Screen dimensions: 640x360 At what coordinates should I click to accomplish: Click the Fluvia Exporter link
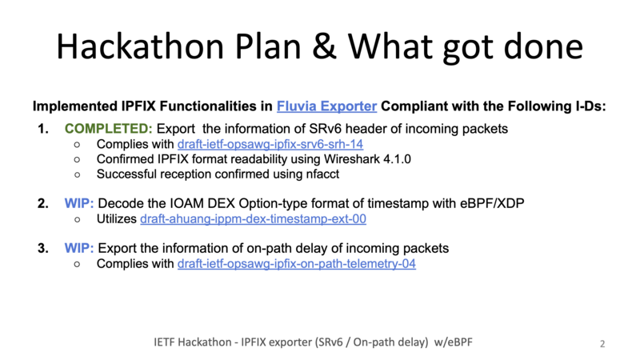pos(326,106)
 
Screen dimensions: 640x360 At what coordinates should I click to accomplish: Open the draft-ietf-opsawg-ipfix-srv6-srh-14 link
pos(270,144)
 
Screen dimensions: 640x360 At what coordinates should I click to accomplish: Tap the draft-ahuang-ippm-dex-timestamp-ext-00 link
pos(253,218)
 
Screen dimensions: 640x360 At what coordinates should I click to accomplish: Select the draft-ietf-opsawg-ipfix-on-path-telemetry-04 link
pos(297,264)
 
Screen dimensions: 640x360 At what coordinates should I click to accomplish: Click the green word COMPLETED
pos(108,129)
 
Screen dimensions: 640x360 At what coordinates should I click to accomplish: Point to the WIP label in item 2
pos(78,203)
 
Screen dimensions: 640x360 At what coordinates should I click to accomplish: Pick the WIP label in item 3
pos(78,248)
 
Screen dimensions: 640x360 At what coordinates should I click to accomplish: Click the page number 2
pos(602,344)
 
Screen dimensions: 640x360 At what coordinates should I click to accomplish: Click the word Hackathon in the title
pos(140,46)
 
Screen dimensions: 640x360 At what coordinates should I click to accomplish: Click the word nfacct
pos(323,174)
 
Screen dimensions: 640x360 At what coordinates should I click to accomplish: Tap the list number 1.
pos(43,129)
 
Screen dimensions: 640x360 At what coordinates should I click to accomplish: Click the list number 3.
pos(43,248)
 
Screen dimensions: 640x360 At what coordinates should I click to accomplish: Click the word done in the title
pos(543,47)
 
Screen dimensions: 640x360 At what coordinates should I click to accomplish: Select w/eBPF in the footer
pos(453,342)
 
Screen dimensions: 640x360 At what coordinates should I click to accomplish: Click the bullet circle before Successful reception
pos(77,174)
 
